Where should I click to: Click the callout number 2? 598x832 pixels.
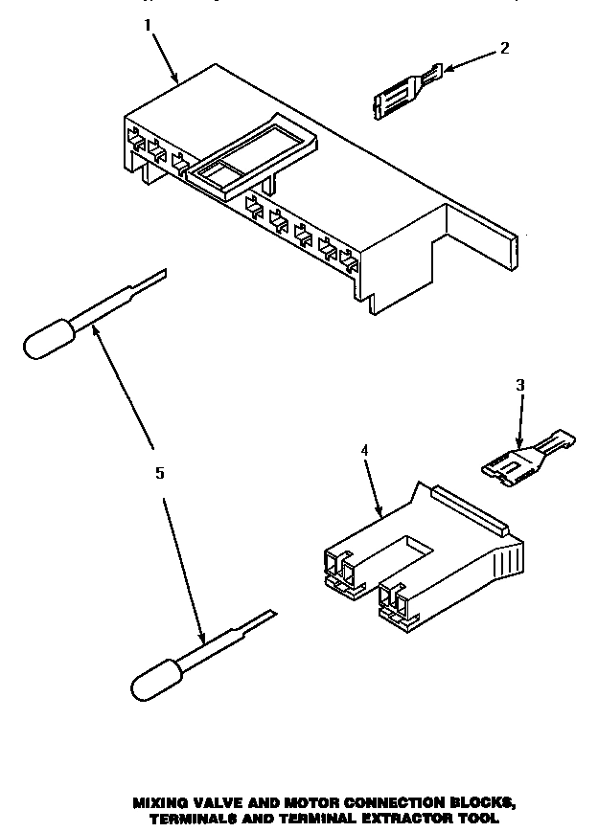click(505, 47)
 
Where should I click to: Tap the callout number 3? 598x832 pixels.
click(520, 385)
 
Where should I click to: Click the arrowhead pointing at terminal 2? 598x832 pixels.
click(446, 66)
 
